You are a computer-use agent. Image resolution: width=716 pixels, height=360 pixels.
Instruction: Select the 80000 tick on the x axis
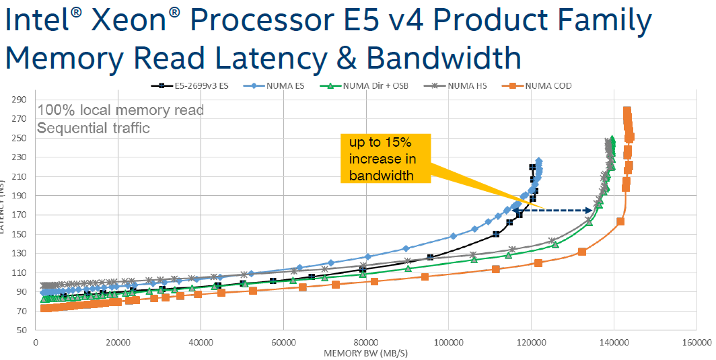point(367,342)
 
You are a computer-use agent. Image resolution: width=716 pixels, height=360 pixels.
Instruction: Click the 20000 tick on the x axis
point(118,342)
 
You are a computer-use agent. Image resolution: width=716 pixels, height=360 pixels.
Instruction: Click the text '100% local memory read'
point(120,110)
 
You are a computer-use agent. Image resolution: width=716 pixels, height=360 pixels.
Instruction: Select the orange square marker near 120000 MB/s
point(538,262)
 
